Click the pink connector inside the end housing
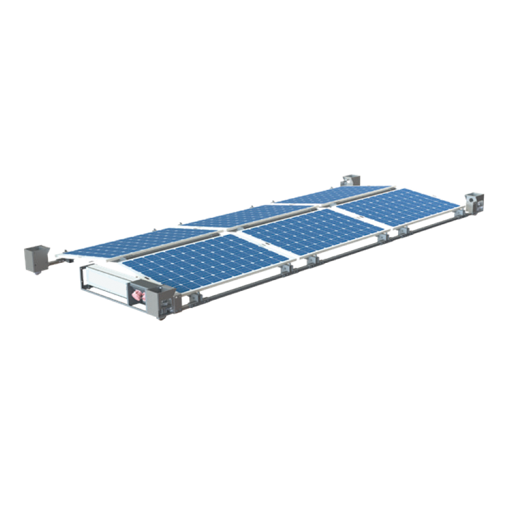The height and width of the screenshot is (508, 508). pos(138,295)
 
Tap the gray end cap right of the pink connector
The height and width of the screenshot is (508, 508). pos(163,302)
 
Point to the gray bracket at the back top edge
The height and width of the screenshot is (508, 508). pos(350,179)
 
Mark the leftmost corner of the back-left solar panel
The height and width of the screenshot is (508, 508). pos(64,254)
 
